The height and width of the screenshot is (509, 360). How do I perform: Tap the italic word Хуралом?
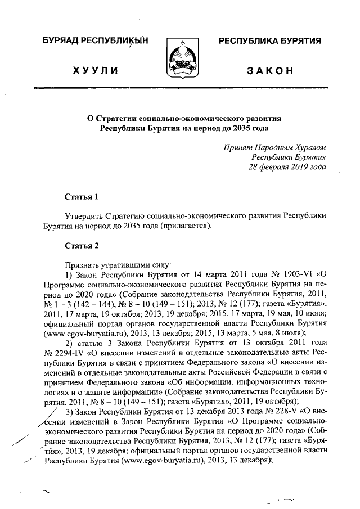click(308, 147)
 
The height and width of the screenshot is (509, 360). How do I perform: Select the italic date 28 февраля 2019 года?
click(287, 167)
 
